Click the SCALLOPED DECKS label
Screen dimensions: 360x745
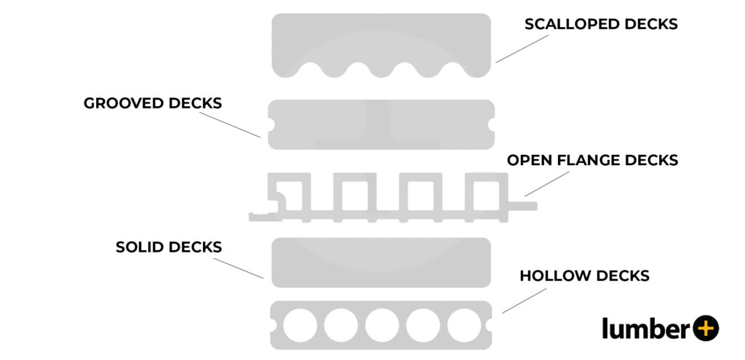click(x=601, y=24)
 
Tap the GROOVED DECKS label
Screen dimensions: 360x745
click(x=153, y=103)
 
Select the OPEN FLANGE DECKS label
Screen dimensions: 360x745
click(x=592, y=160)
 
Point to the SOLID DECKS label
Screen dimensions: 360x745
click(x=169, y=247)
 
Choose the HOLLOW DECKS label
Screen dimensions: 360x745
click(x=584, y=276)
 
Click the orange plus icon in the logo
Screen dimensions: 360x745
click(x=704, y=329)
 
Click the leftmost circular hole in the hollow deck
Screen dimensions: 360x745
click(x=300, y=325)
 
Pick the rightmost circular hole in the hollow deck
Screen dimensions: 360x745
click(x=464, y=325)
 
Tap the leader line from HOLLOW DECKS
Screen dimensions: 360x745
click(x=524, y=300)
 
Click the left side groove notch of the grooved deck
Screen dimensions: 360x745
click(x=271, y=125)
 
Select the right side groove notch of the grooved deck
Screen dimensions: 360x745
click(x=492, y=125)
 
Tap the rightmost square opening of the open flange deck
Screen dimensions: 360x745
click(x=485, y=194)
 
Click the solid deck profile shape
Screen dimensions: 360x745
click(x=381, y=262)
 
